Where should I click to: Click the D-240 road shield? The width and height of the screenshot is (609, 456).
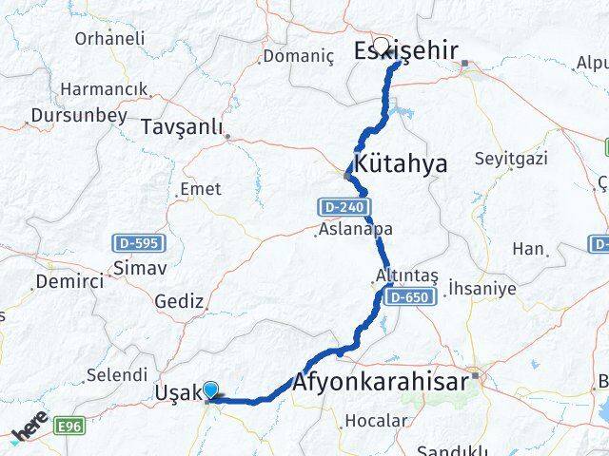click(x=340, y=206)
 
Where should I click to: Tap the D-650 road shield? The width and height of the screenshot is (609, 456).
click(x=410, y=297)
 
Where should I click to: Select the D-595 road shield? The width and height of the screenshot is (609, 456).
click(x=135, y=242)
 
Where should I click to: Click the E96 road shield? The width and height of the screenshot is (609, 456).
click(x=69, y=427)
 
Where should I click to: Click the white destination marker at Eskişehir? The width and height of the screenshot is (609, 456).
click(x=382, y=45)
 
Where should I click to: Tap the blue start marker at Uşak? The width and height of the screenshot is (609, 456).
click(x=211, y=389)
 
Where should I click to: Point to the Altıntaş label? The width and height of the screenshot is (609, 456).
click(x=406, y=275)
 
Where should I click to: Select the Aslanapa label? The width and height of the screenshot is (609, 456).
click(x=355, y=230)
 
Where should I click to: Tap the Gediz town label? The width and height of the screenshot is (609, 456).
click(x=180, y=301)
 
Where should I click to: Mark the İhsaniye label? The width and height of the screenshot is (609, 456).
click(x=481, y=288)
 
